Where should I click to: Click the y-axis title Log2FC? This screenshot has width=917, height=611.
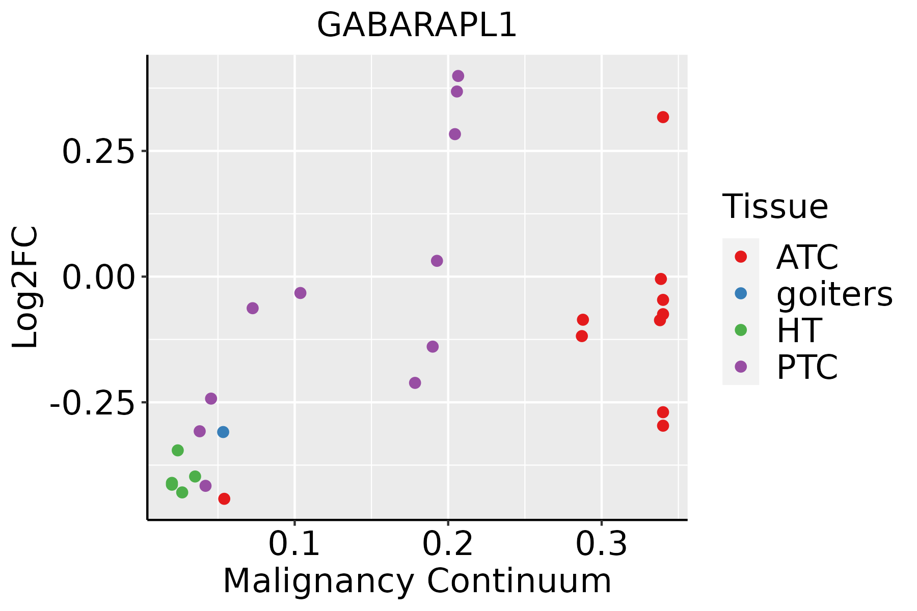pyautogui.click(x=25, y=288)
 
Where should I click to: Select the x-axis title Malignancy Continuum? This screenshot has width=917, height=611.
pyautogui.click(x=417, y=581)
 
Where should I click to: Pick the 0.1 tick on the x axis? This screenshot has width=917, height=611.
pyautogui.click(x=294, y=544)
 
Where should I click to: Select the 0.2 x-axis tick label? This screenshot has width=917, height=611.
pyautogui.click(x=448, y=544)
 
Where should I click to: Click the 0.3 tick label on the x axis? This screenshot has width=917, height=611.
pyautogui.click(x=602, y=544)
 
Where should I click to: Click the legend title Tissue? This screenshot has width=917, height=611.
pyautogui.click(x=775, y=207)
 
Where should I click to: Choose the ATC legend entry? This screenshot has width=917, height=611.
pyautogui.click(x=807, y=257)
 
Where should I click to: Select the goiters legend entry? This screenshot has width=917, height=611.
pyautogui.click(x=834, y=294)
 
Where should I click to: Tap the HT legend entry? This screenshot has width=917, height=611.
pyautogui.click(x=798, y=330)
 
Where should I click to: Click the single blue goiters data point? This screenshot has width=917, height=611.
pyautogui.click(x=223, y=432)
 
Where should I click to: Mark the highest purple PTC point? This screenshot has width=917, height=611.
pyautogui.click(x=458, y=76)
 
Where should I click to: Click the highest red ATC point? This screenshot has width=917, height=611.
pyautogui.click(x=663, y=118)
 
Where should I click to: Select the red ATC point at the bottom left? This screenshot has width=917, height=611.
pyautogui.click(x=224, y=499)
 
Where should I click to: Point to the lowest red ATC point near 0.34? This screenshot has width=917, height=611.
pyautogui.click(x=663, y=426)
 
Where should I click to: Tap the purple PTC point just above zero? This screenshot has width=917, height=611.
pyautogui.click(x=437, y=261)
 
